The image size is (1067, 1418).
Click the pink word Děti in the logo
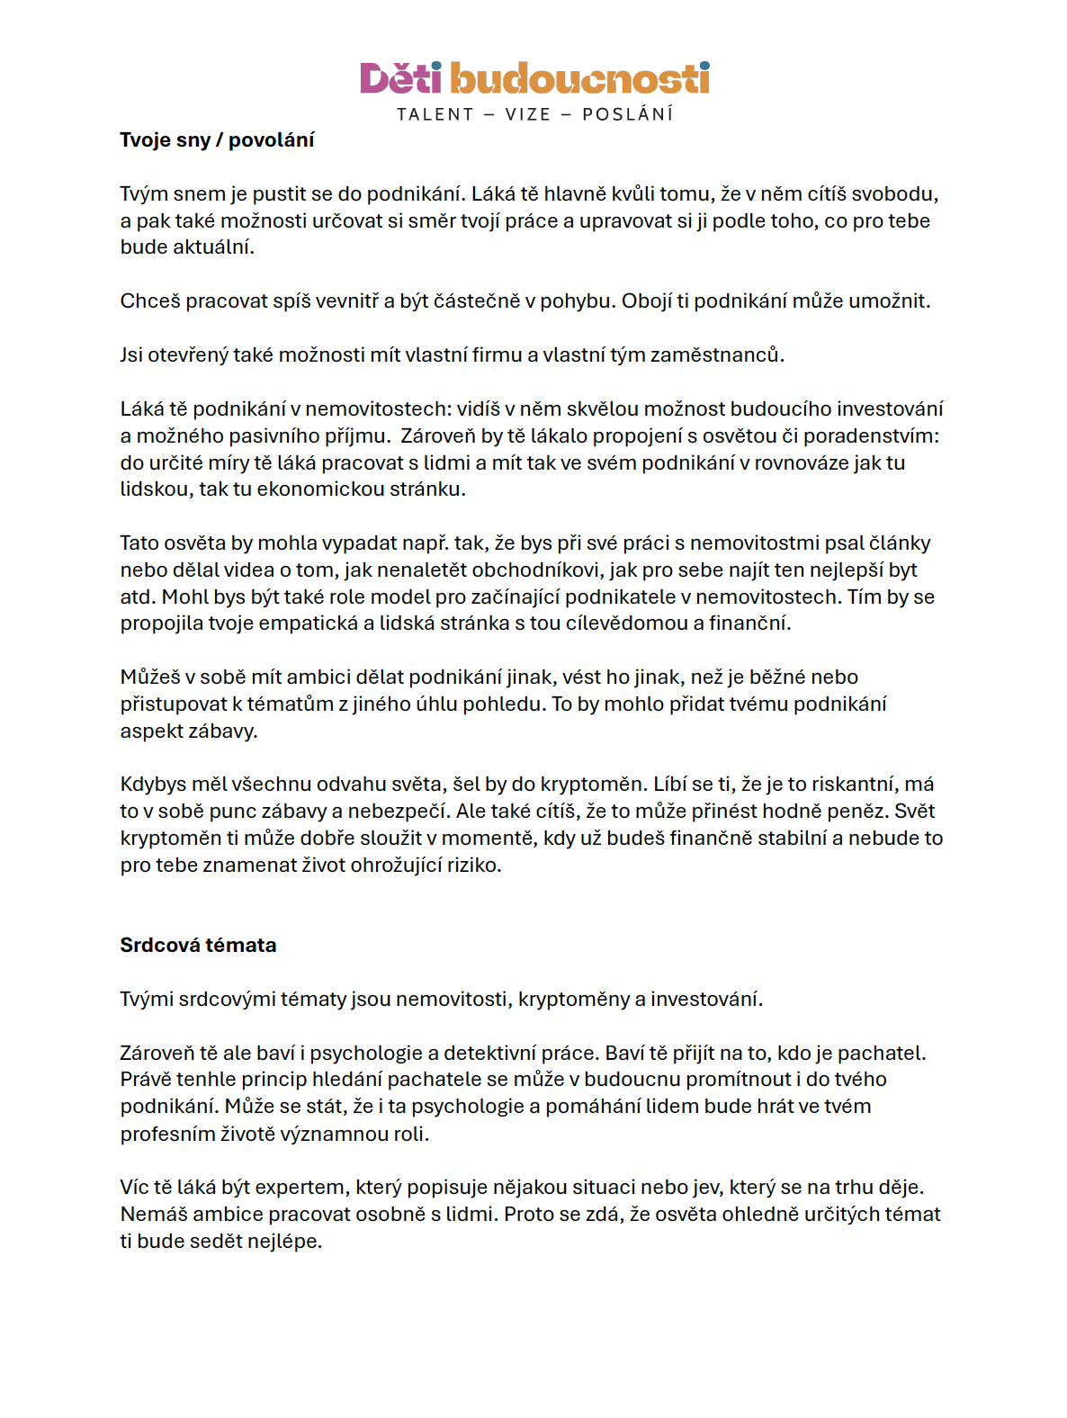point(400,79)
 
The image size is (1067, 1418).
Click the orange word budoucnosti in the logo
point(579,79)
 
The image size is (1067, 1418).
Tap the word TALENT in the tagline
point(435,114)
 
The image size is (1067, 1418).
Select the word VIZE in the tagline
point(528,114)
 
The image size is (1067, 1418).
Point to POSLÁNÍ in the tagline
point(628,114)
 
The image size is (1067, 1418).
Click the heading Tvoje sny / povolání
point(217,140)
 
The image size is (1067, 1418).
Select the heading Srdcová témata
point(198,946)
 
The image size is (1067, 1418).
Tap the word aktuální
point(212,247)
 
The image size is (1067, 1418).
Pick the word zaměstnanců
point(717,355)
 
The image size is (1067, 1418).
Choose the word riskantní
point(855,785)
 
